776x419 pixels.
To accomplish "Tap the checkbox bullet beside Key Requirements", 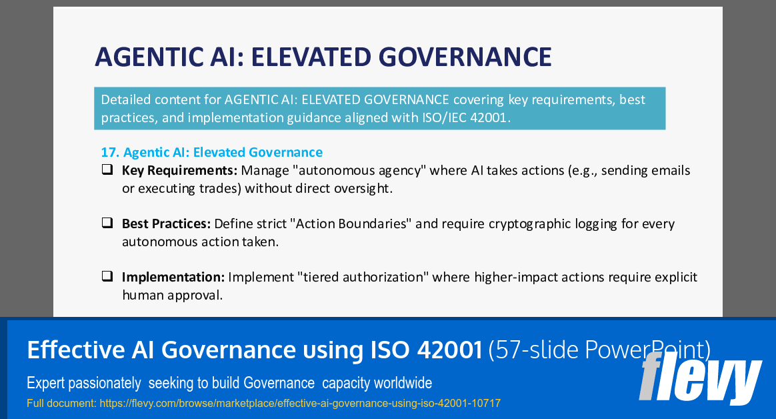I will [107, 170].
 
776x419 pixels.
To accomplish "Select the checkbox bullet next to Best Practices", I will [107, 224].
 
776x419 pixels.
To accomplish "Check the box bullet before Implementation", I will [107, 276].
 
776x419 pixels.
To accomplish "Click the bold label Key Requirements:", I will [179, 170].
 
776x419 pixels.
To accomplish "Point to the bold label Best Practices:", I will [166, 224].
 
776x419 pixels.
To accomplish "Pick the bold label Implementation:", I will [173, 276].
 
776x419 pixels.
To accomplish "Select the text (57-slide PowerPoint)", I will [599, 350].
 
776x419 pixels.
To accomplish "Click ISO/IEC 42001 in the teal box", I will [469, 118].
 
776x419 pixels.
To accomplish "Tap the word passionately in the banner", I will [107, 383].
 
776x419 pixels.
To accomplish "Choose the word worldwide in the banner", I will [402, 383].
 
